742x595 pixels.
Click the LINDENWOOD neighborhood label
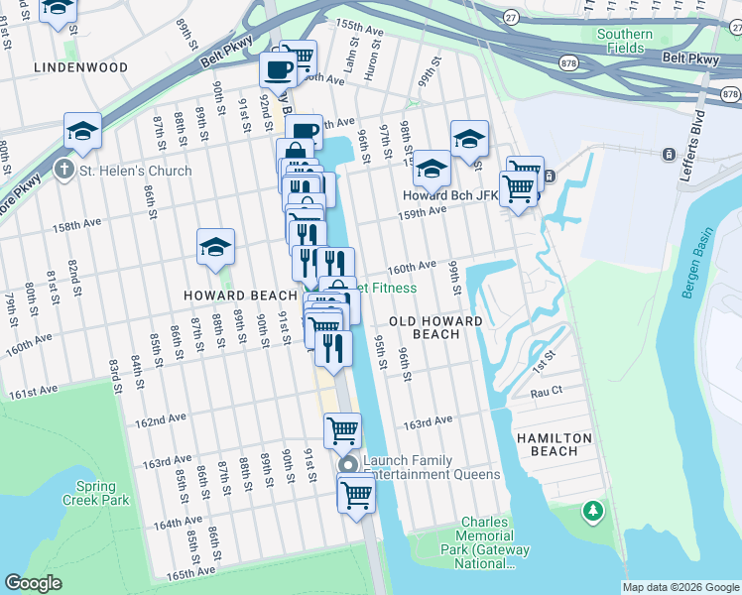click(x=80, y=66)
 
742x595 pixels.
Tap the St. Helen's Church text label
click(x=136, y=171)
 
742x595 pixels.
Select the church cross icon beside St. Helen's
click(x=65, y=171)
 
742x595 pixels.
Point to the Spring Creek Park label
click(x=102, y=493)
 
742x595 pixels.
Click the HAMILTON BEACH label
click(x=554, y=444)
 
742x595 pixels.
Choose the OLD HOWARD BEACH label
click(x=435, y=328)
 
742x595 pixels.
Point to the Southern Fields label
click(x=624, y=41)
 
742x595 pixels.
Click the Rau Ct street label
click(x=547, y=393)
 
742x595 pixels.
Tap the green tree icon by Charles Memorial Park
click(x=593, y=511)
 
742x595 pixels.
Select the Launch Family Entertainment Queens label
click(x=432, y=467)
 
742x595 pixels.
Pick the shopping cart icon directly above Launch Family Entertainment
click(x=342, y=430)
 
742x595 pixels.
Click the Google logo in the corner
click(x=33, y=583)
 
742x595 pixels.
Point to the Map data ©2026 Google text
click(x=680, y=587)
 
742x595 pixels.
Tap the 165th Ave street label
click(x=190, y=573)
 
